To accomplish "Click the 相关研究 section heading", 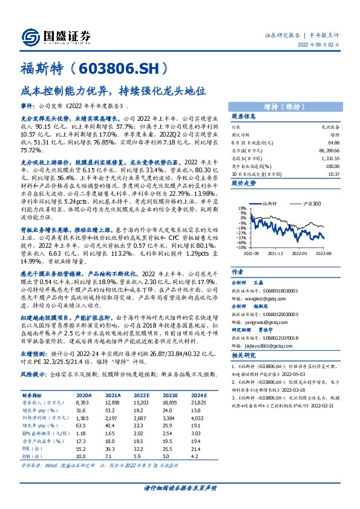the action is click(x=244, y=356).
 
